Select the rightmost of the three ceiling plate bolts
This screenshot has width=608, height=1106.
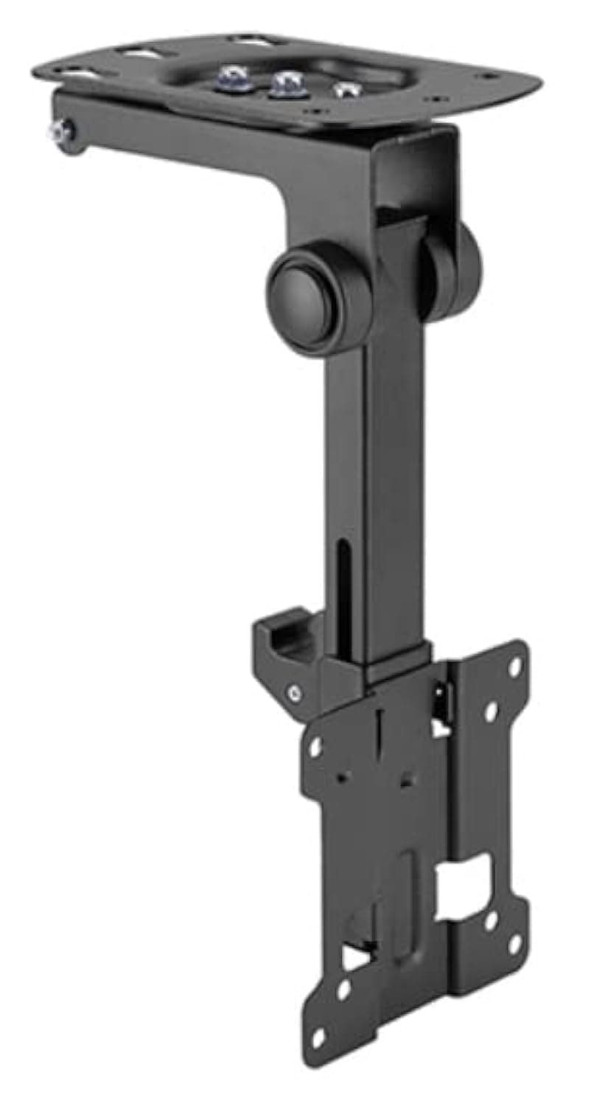pyautogui.click(x=342, y=90)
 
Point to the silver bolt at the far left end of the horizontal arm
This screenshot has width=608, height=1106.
pyautogui.click(x=59, y=132)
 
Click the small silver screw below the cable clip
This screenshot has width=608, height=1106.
pyautogui.click(x=295, y=692)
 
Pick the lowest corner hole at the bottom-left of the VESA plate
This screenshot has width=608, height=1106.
pyautogui.click(x=318, y=1038)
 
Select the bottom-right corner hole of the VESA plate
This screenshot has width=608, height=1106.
pyautogui.click(x=514, y=942)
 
